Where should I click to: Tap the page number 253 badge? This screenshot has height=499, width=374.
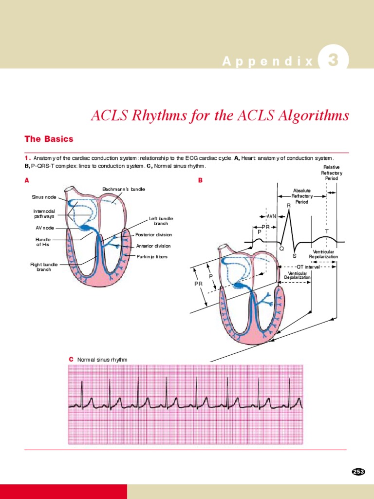pyautogui.click(x=358, y=471)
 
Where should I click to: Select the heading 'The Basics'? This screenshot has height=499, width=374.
pyautogui.click(x=49, y=139)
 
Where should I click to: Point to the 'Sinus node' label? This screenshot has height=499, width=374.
pyautogui.click(x=44, y=197)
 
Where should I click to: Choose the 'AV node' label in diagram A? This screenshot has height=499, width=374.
pyautogui.click(x=45, y=228)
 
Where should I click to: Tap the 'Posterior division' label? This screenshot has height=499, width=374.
pyautogui.click(x=153, y=235)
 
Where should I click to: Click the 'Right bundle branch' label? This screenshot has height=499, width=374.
pyautogui.click(x=44, y=267)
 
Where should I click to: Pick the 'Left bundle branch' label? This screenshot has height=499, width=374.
pyautogui.click(x=161, y=221)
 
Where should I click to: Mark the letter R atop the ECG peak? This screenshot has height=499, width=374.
pyautogui.click(x=288, y=206)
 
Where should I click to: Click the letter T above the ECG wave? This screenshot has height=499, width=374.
pyautogui.click(x=327, y=231)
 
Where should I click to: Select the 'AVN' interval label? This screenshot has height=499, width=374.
pyautogui.click(x=271, y=216)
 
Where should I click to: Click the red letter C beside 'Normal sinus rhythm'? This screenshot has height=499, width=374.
pyautogui.click(x=71, y=359)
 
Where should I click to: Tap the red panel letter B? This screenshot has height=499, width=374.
pyautogui.click(x=200, y=180)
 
